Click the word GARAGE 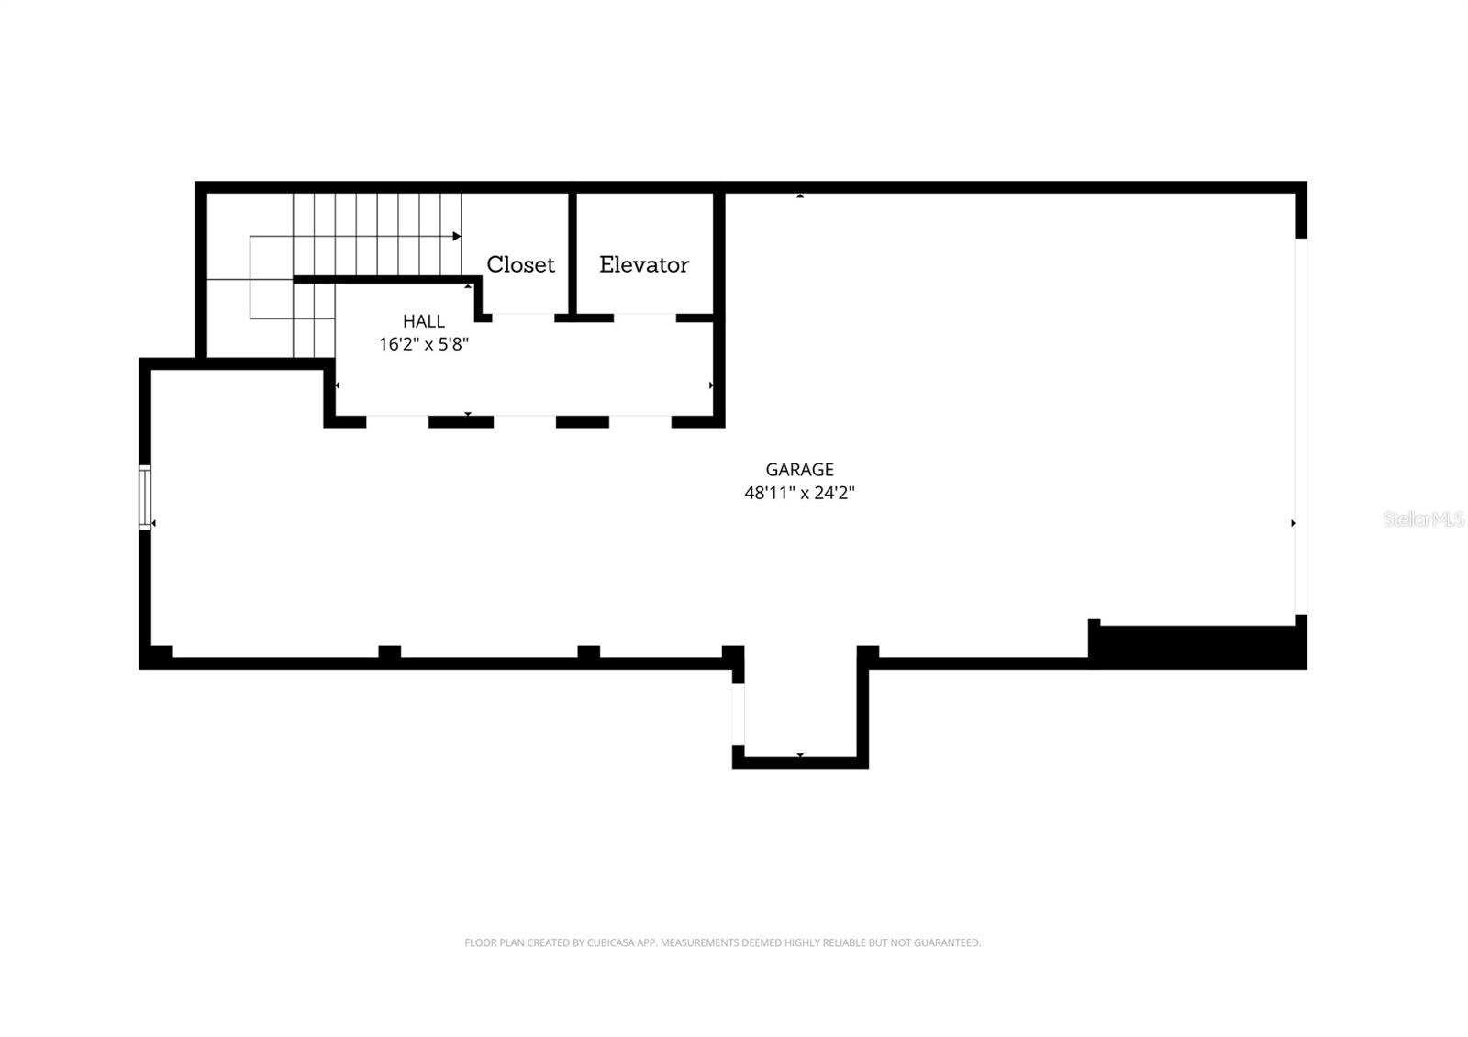[x=799, y=470]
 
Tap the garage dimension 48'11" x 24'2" [x=799, y=493]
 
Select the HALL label [x=424, y=321]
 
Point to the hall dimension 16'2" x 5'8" [x=424, y=344]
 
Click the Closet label [x=520, y=264]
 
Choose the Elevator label [x=644, y=264]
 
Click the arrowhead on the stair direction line [x=456, y=237]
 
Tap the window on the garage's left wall [x=145, y=497]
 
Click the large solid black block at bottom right [x=1197, y=646]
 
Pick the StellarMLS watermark [x=1423, y=519]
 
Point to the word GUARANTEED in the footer [x=951, y=942]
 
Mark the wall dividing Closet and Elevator [x=572, y=252]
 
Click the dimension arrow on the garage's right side [x=1293, y=523]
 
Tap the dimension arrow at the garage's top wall [x=800, y=196]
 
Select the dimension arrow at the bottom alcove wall [x=800, y=755]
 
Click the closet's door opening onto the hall [x=523, y=318]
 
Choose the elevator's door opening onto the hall [x=645, y=318]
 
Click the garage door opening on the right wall [x=1300, y=427]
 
